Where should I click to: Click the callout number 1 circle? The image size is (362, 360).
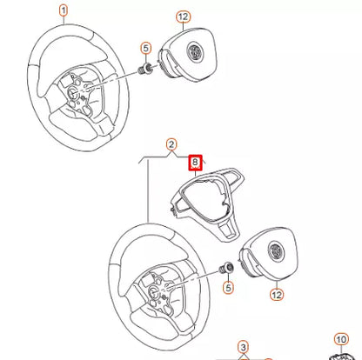point(62,12)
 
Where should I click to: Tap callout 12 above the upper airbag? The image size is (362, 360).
point(182,17)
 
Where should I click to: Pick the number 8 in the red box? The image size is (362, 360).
point(196,161)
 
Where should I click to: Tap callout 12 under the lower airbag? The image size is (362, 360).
point(277,295)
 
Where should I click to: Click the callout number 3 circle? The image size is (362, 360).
point(244,346)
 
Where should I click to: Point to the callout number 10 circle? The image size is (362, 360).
point(342,338)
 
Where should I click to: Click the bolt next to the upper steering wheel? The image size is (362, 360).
point(147,67)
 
